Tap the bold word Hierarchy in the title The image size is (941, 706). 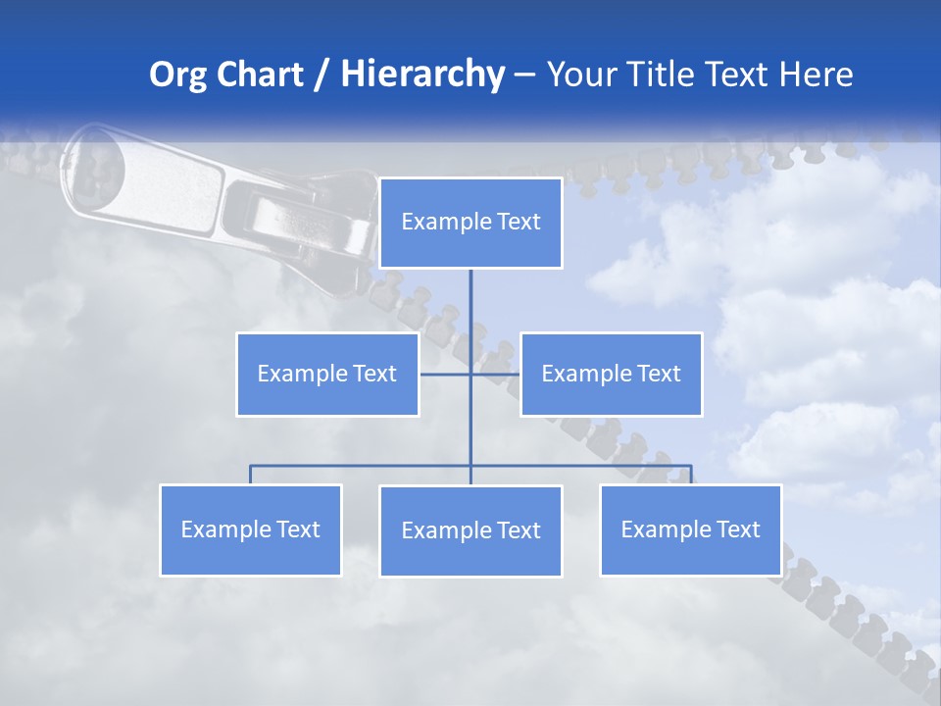point(421,75)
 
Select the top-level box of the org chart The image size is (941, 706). point(470,223)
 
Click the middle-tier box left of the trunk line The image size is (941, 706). point(327,374)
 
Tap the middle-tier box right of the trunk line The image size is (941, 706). point(611,374)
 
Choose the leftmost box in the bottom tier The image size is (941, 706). point(251,529)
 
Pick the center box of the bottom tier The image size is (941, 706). point(470,530)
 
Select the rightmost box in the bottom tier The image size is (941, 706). point(690,529)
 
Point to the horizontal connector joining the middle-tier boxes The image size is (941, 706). point(446,374)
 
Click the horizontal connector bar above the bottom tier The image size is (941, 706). point(363,466)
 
